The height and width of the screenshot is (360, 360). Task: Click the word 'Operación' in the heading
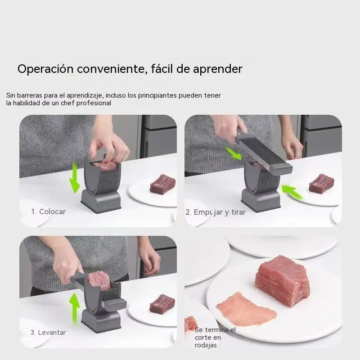(x=45, y=69)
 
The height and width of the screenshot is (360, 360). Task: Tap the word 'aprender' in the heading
(x=218, y=69)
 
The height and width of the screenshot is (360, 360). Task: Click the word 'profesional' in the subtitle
(x=94, y=103)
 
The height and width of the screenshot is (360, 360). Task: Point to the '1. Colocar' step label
(x=48, y=211)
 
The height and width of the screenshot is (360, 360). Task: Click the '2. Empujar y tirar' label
(x=216, y=212)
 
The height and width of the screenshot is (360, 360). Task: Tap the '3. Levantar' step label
(x=48, y=332)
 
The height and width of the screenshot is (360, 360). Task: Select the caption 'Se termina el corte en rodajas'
(x=215, y=337)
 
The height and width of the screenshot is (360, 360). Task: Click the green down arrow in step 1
(x=75, y=177)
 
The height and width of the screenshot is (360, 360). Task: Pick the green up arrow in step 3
(x=74, y=309)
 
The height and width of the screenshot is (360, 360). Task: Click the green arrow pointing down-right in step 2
(x=233, y=153)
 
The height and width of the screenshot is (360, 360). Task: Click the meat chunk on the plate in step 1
(x=162, y=184)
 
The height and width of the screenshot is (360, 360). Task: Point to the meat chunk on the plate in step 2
(x=321, y=183)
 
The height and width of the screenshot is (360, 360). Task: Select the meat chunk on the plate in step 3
(x=162, y=304)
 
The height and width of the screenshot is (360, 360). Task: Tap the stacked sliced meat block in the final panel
(x=283, y=280)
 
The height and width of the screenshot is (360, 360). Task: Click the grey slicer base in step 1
(x=101, y=200)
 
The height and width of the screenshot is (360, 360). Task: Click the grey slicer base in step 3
(x=101, y=320)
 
